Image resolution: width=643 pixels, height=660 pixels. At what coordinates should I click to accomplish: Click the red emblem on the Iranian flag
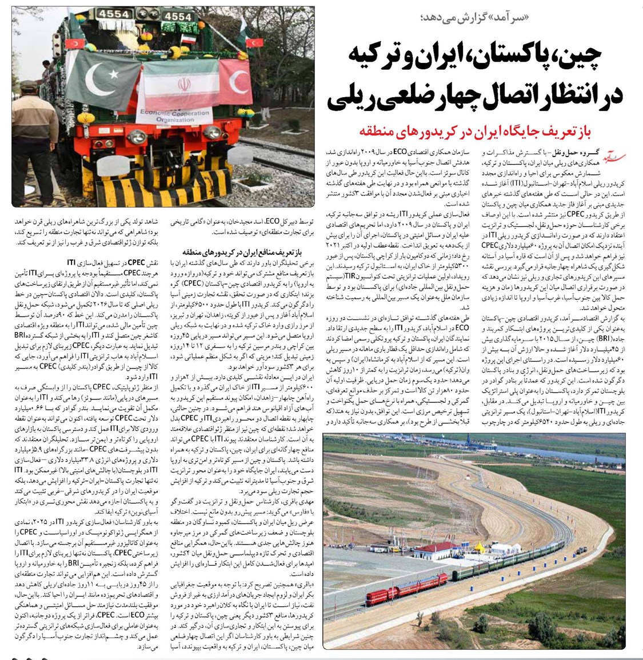tap(184, 84)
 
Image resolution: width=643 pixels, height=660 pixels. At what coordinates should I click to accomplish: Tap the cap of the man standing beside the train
tap(28, 86)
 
